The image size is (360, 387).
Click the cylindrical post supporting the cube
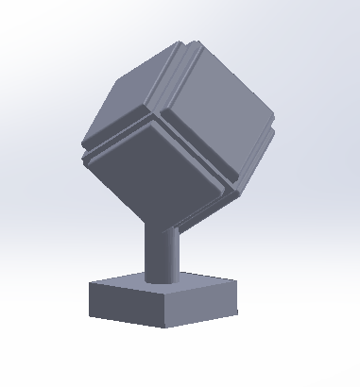click(161, 250)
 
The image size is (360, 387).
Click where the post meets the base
click(161, 280)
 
